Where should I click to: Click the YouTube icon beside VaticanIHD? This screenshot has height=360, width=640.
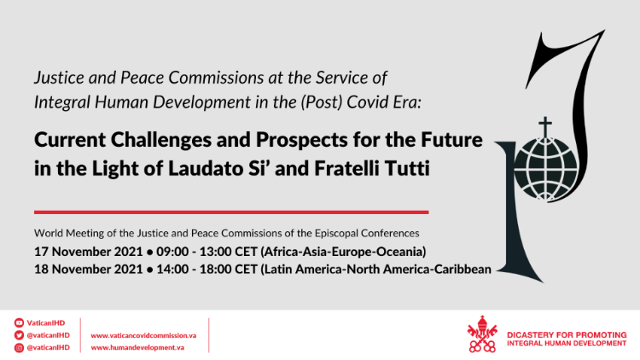pyautogui.click(x=19, y=322)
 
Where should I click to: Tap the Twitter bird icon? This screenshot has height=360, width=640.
pyautogui.click(x=19, y=335)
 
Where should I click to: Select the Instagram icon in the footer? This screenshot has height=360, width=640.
pyautogui.click(x=19, y=347)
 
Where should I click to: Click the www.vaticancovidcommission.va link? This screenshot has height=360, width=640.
pyautogui.click(x=143, y=335)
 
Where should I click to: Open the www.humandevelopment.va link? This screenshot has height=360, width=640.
pyautogui.click(x=137, y=348)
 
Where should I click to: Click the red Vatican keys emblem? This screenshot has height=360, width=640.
pyautogui.click(x=482, y=334)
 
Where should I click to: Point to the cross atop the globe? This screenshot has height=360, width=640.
pyautogui.click(x=545, y=127)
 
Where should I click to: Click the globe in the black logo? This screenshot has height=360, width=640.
pyautogui.click(x=545, y=169)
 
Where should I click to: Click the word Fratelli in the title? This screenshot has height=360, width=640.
pyautogui.click(x=350, y=169)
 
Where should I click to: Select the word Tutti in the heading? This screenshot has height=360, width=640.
pyautogui.click(x=410, y=169)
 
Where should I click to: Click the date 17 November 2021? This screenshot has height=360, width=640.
pyautogui.click(x=88, y=252)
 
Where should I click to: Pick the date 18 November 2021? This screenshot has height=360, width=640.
pyautogui.click(x=88, y=270)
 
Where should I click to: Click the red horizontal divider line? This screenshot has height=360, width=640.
pyautogui.click(x=231, y=212)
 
